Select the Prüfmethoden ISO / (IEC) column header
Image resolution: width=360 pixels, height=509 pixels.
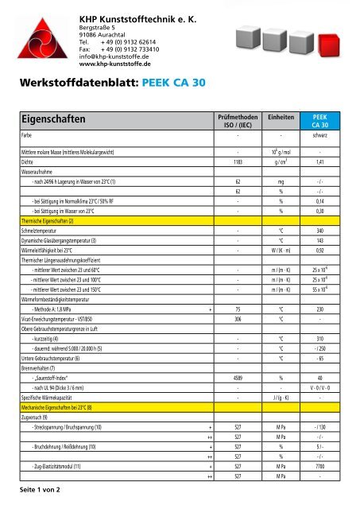coord(238,120)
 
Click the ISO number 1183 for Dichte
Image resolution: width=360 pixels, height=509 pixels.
coord(238,161)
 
